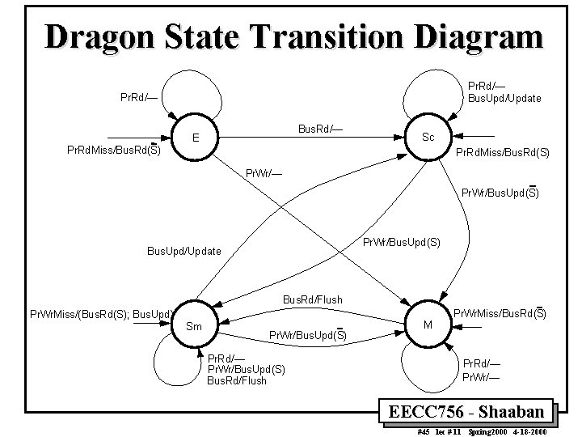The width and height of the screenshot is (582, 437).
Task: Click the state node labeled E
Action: pyautogui.click(x=196, y=137)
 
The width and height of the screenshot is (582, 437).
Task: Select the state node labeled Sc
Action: pyautogui.click(x=428, y=137)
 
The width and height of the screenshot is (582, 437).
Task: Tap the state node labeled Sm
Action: pyautogui.click(x=195, y=327)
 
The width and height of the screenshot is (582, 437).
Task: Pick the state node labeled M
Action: pyautogui.click(x=428, y=324)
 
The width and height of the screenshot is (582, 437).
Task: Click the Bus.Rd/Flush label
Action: pyautogui.click(x=312, y=300)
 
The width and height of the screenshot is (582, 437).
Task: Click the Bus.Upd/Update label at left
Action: pyautogui.click(x=183, y=251)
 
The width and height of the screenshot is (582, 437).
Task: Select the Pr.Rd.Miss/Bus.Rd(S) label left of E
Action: pyautogui.click(x=113, y=151)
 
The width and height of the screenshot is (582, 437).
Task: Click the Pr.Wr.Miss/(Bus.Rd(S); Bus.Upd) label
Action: pyautogui.click(x=98, y=313)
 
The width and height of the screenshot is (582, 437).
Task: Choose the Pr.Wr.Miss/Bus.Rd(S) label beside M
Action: pyautogui.click(x=499, y=312)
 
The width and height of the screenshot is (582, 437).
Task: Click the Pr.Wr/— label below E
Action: pyautogui.click(x=264, y=172)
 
